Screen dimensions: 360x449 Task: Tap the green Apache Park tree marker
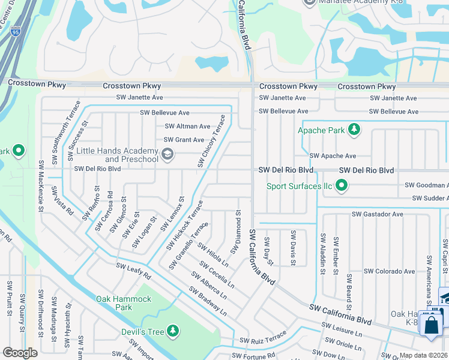coord(354,129)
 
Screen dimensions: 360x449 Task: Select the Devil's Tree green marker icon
coord(173,330)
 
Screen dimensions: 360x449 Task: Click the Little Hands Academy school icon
coord(167,155)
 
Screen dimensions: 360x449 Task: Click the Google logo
coord(20,352)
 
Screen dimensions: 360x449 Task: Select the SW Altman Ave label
coord(187,127)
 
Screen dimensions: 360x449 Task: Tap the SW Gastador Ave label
coord(377,214)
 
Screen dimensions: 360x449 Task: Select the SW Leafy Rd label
coord(133,271)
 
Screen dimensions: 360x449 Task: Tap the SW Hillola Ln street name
coord(213,254)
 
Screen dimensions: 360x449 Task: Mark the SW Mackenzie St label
coord(41,186)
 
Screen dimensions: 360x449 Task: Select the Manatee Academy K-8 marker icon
coord(310,2)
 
